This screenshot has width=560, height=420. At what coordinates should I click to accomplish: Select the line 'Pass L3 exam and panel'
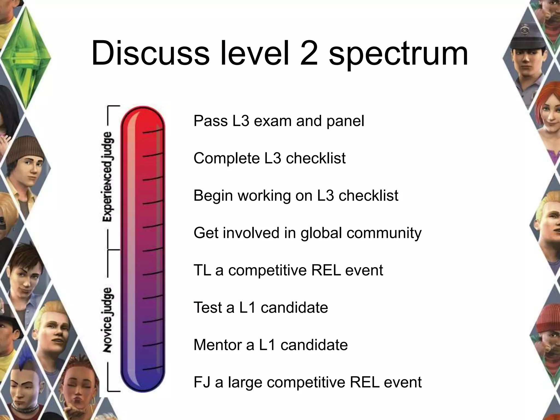tap(279, 121)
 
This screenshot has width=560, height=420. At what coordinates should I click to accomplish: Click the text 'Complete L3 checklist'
tap(269, 158)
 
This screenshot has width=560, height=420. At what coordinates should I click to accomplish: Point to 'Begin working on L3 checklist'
tap(296, 196)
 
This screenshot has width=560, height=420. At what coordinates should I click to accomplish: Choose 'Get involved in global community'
tap(307, 233)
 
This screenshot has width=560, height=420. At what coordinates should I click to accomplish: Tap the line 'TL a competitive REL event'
tap(288, 270)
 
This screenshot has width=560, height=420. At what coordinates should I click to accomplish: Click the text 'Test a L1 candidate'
tap(261, 307)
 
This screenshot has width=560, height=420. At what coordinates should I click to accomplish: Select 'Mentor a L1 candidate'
tap(270, 345)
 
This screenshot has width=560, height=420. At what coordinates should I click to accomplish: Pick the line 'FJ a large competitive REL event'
tap(307, 382)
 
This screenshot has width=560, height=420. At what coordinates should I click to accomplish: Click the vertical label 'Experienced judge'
tap(108, 176)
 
